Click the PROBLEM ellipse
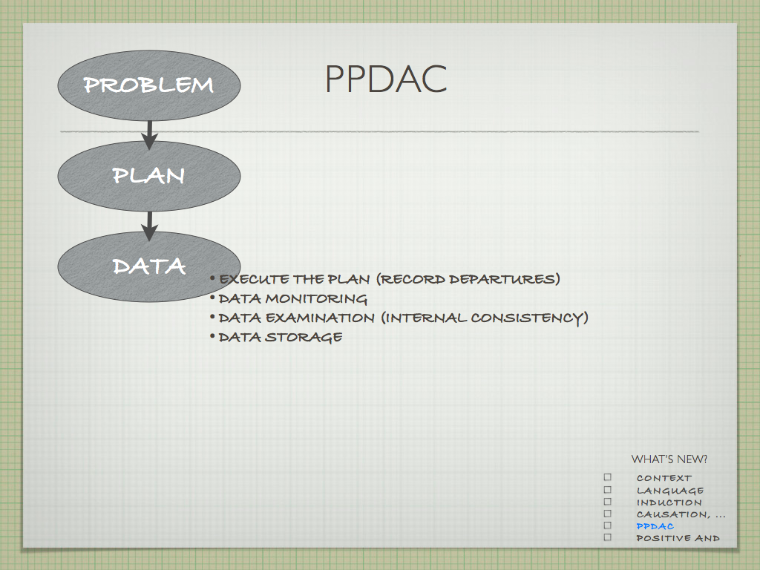pos(149,85)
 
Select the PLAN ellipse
pos(149,176)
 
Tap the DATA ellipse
pos(149,266)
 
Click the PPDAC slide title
pos(386,79)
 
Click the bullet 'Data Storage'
pos(276,337)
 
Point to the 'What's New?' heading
pos(669,459)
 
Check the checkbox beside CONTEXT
pos(608,477)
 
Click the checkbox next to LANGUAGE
pos(608,490)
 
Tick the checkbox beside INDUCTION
pos(608,502)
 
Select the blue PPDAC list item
pos(655,526)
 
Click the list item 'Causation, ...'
pos(681,515)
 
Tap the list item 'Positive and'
pos(678,538)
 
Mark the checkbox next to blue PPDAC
pos(608,525)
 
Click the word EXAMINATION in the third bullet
pos(320,318)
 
